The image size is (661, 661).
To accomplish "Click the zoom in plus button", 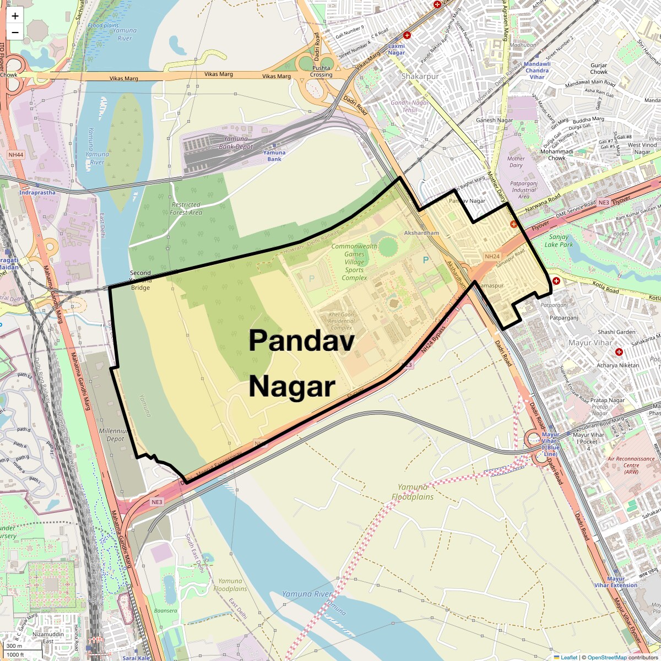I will point(15,16).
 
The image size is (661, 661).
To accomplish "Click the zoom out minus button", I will point(15,32).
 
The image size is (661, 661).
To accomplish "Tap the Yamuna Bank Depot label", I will point(236,143).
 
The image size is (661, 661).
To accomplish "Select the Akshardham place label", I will point(421,233).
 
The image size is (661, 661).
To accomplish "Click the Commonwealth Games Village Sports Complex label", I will point(354,262).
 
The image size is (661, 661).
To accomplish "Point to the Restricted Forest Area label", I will point(186,208).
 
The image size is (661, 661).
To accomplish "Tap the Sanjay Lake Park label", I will point(559,241).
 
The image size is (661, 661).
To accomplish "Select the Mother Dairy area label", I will point(516,162).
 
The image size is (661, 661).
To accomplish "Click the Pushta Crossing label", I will point(321,71).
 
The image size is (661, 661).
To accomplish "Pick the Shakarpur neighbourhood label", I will point(420,77).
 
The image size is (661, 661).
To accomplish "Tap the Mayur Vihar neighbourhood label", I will point(590,343).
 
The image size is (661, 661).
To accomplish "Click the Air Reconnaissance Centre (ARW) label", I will point(631,465).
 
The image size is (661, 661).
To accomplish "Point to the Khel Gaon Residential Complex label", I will point(342,321).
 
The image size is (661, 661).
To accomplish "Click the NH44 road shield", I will point(16,155).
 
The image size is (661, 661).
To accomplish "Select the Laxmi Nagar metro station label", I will point(396,50).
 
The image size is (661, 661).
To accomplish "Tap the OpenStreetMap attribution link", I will point(607,657).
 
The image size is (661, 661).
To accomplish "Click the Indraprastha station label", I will point(37,193).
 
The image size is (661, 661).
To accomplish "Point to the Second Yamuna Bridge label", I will point(140,280).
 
